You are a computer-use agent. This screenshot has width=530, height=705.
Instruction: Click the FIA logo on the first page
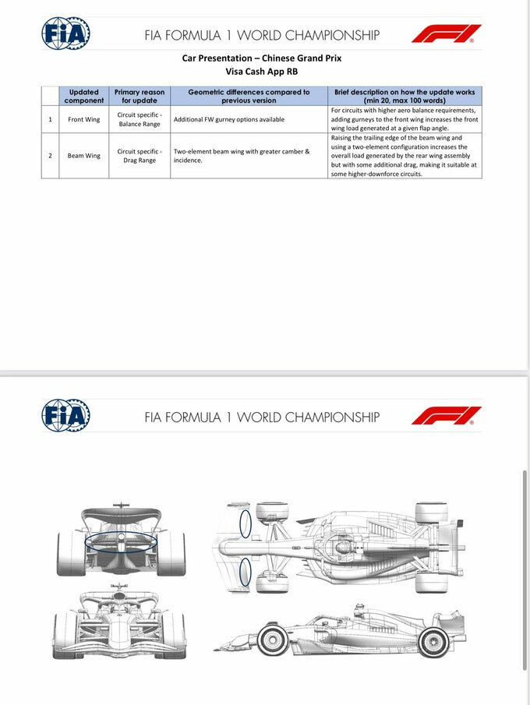tap(65, 33)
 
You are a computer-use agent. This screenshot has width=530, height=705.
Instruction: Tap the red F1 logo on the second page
tap(447, 415)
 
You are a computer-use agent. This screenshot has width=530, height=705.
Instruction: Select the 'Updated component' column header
tap(83, 96)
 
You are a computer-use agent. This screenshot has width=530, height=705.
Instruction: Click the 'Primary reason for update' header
tap(140, 96)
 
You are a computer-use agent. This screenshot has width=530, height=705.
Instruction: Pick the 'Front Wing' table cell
tap(83, 119)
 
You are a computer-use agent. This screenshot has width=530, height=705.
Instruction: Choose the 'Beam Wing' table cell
tap(83, 155)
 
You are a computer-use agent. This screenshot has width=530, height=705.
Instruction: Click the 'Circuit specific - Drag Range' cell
tap(140, 155)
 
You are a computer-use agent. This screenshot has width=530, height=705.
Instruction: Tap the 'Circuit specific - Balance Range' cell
tap(140, 119)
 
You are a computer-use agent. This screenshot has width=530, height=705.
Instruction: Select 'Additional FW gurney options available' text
tap(228, 119)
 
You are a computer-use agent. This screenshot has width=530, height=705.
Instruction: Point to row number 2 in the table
tap(50, 155)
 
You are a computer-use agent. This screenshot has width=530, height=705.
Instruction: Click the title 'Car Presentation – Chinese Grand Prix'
tap(262, 58)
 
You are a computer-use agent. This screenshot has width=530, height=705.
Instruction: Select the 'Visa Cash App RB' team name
tap(262, 71)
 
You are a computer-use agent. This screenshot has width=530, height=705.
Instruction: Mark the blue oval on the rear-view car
tap(120, 542)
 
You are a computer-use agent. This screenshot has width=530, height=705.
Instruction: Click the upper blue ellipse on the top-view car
tap(246, 523)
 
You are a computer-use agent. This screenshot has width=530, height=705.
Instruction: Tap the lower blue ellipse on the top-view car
tap(245, 572)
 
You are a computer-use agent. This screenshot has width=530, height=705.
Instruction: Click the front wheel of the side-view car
tap(273, 641)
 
